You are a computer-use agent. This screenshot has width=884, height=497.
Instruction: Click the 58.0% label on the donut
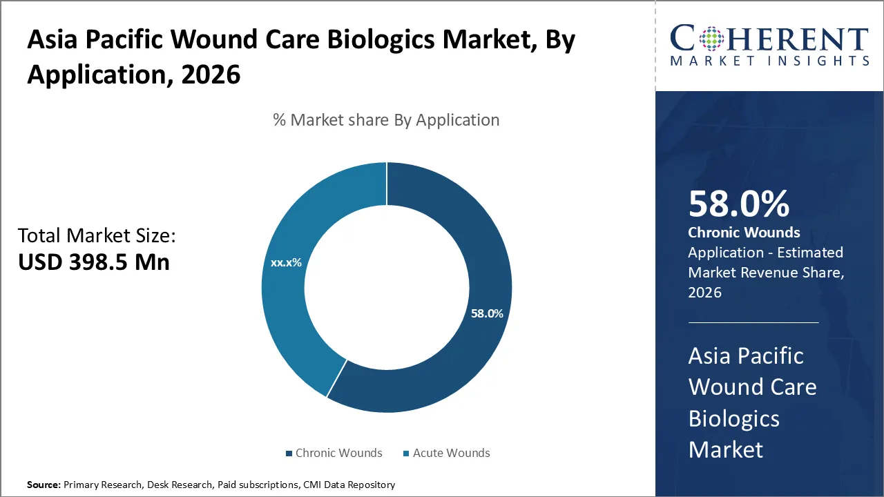pyautogui.click(x=487, y=313)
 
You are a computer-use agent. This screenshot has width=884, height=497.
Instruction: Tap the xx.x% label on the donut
pyautogui.click(x=286, y=262)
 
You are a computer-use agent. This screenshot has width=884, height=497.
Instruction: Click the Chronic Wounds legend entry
pyautogui.click(x=334, y=454)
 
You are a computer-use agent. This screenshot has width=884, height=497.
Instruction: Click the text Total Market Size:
pyautogui.click(x=97, y=236)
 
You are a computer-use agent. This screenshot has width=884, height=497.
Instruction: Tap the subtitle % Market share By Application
pyautogui.click(x=386, y=120)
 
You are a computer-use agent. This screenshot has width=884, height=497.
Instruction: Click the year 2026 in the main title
pyautogui.click(x=211, y=74)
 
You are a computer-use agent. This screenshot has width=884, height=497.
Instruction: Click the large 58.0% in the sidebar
pyautogui.click(x=738, y=204)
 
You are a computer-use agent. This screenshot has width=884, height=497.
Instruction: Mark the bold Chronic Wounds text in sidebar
pyautogui.click(x=744, y=233)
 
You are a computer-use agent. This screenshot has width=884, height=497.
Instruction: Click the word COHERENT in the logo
pyautogui.click(x=770, y=39)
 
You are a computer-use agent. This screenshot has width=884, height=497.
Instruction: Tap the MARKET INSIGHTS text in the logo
pyautogui.click(x=770, y=61)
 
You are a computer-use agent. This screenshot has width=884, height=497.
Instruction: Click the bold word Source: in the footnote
pyautogui.click(x=44, y=485)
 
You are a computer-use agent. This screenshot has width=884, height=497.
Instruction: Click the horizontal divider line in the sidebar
pyautogui.click(x=753, y=322)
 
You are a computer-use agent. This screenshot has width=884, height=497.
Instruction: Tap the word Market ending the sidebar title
pyautogui.click(x=725, y=450)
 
